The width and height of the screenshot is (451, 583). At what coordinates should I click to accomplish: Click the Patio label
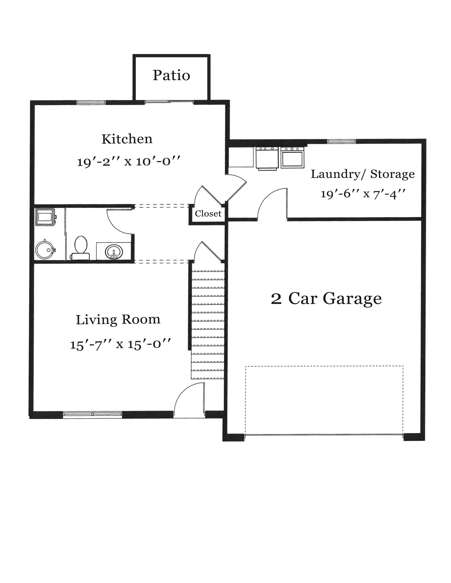(x=171, y=75)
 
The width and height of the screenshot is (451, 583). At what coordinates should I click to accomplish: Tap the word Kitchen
(x=127, y=139)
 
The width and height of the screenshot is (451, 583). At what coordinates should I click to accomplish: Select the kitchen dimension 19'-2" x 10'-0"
(x=129, y=162)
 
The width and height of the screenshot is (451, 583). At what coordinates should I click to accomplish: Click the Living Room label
(x=118, y=319)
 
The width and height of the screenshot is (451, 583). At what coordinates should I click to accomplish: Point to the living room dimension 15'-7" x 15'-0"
(x=120, y=344)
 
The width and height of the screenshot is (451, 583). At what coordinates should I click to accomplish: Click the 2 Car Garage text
(x=326, y=299)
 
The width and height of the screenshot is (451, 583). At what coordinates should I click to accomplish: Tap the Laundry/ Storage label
(x=362, y=174)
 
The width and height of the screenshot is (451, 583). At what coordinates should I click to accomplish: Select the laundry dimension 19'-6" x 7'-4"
(x=363, y=194)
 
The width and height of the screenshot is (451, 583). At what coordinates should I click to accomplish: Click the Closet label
(x=208, y=214)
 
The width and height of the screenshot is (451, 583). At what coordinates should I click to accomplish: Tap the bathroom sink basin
(x=114, y=252)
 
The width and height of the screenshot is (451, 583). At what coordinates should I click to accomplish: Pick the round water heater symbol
(x=44, y=250)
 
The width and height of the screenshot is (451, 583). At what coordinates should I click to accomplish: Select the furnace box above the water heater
(x=45, y=217)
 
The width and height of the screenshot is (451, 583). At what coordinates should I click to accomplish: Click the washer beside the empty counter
(x=267, y=158)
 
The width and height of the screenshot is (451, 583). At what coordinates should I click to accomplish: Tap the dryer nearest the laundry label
(x=292, y=157)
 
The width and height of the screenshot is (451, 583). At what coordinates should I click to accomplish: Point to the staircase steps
(x=208, y=325)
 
